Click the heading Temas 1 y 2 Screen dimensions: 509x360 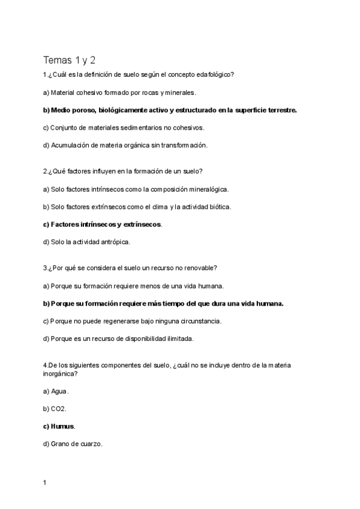click(x=69, y=60)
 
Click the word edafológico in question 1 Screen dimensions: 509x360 click(x=214, y=75)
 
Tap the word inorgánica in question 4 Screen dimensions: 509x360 click(x=60, y=373)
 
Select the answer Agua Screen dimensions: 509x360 click(x=59, y=391)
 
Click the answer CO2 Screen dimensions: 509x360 click(x=58, y=409)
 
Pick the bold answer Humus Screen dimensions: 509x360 click(x=63, y=426)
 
